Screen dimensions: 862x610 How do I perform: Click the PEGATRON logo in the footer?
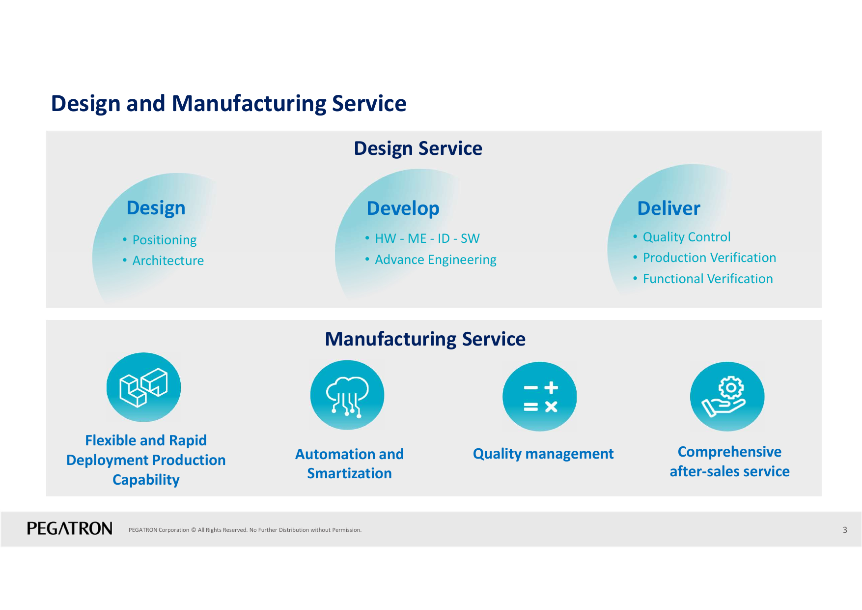[x=69, y=528]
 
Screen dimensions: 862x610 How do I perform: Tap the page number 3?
[x=845, y=530]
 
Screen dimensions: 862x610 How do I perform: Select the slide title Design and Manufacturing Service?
[x=229, y=104]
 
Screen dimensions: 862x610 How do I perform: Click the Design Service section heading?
[x=418, y=148]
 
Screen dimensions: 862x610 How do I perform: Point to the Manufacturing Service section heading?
[x=425, y=339]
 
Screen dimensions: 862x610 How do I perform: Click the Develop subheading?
[x=403, y=209]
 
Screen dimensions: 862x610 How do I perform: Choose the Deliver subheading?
[x=668, y=208]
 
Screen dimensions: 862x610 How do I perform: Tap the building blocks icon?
[x=143, y=387]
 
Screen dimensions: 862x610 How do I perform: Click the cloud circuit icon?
[x=347, y=395]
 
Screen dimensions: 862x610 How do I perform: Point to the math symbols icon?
[x=540, y=397]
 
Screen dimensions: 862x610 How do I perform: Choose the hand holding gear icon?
[x=727, y=397]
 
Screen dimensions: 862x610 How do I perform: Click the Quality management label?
[x=543, y=454]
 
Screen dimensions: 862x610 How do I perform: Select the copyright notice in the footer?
[x=245, y=530]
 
